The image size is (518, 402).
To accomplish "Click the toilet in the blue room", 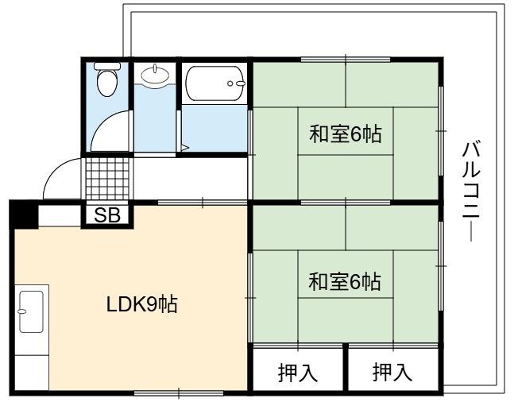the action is tap(107, 79).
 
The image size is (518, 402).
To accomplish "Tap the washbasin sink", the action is tap(155, 75).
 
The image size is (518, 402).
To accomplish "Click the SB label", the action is tap(107, 215).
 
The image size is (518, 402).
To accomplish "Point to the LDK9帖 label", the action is tap(142, 304).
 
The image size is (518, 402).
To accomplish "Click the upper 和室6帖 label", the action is tap(346, 133).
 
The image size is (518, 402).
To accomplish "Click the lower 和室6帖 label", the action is tap(345, 281).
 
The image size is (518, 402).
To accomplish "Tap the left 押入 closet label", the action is tap(298, 373).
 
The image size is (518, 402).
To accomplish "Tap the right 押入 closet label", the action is tap(392, 372).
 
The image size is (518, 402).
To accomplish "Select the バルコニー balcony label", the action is tap(470, 191).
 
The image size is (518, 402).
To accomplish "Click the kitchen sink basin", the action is tap(32, 311).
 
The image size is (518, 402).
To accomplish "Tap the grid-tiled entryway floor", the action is tap(107, 179).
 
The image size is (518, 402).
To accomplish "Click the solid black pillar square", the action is tap(24, 214).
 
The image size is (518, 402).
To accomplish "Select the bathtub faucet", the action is tap(237, 83).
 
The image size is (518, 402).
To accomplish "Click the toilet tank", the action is tap(107, 66).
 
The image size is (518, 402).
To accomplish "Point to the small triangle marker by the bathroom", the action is tap(184, 147).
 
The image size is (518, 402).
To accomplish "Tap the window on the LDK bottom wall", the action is tap(179, 393).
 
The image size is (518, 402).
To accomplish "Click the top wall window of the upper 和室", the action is tap(346, 60).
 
